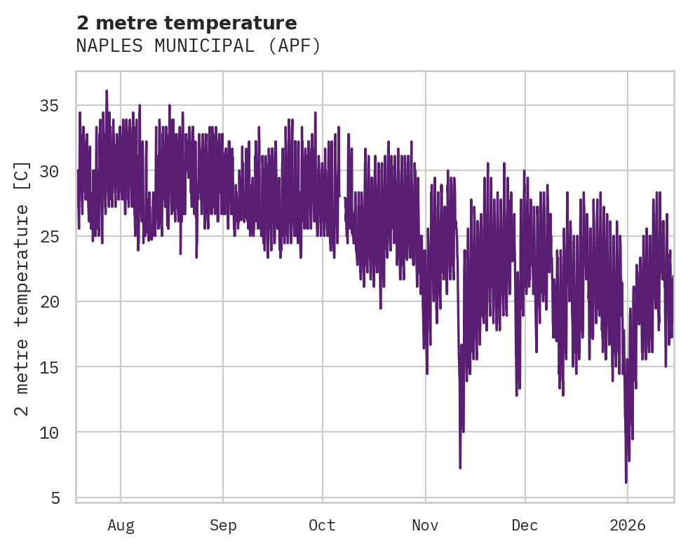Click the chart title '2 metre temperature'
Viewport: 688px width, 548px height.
coord(187,23)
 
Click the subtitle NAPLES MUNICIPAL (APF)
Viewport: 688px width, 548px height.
coord(198,46)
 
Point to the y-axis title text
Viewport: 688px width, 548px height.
coord(22,288)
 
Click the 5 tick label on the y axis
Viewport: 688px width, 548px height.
coord(55,498)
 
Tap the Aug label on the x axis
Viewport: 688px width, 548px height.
coord(121,526)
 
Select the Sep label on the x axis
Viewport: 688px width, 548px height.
coord(223,526)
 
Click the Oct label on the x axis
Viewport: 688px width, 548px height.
coord(323,526)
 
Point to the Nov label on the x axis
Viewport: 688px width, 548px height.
coord(425,526)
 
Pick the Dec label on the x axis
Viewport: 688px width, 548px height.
coord(525,526)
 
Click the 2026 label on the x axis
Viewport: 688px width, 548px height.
coord(627,526)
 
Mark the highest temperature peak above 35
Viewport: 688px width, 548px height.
coord(107,91)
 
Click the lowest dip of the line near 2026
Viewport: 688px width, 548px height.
coord(626,482)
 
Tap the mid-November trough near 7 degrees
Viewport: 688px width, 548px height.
coord(460,467)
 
